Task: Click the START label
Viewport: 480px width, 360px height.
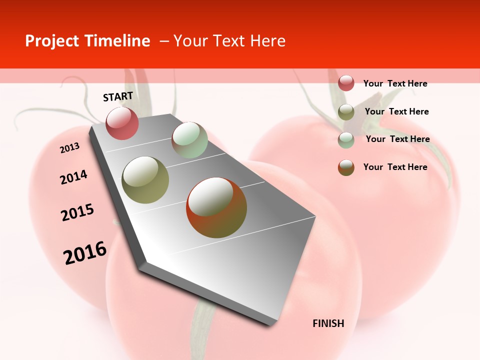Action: tap(118, 96)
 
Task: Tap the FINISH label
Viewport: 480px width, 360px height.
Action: tap(328, 323)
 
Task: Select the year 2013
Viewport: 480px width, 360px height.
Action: tap(70, 147)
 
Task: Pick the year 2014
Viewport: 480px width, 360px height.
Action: tap(73, 177)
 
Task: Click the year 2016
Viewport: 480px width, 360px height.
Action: tap(85, 252)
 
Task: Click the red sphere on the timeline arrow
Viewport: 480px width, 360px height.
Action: tap(122, 123)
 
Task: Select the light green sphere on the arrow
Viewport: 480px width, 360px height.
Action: tap(189, 140)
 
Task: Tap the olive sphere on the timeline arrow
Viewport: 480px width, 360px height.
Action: tap(145, 180)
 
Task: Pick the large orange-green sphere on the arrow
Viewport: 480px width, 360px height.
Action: tap(216, 207)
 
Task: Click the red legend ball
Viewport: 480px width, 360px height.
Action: tap(346, 83)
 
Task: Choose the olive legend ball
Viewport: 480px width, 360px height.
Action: tap(346, 111)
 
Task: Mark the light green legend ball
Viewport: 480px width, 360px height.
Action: tap(346, 139)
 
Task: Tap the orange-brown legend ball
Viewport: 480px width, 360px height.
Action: tap(346, 167)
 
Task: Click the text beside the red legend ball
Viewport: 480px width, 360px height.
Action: tap(395, 83)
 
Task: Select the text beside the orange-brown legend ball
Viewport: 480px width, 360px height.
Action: tap(395, 167)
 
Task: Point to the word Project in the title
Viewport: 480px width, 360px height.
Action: tap(51, 41)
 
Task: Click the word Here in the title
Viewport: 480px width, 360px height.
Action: tap(267, 41)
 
